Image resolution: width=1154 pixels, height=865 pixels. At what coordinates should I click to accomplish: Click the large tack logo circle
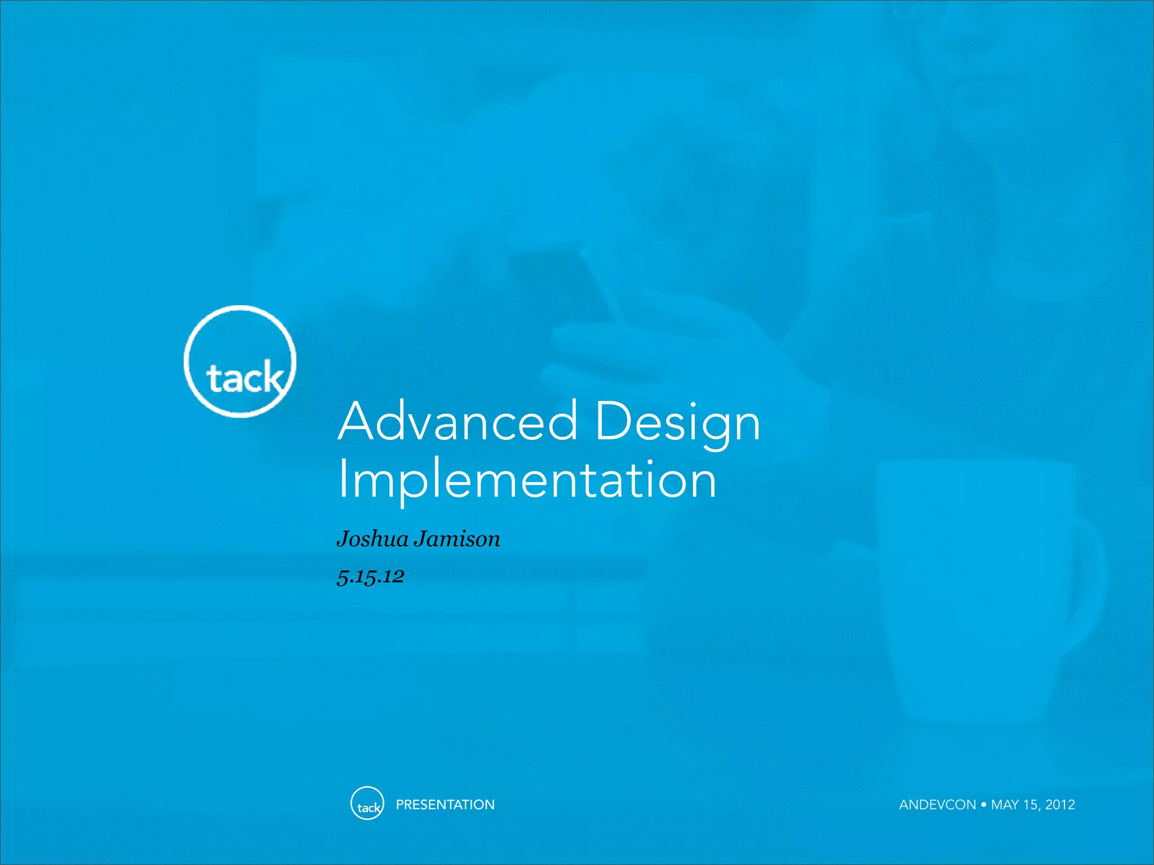tap(240, 362)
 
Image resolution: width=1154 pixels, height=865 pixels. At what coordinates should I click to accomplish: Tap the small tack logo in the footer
tap(367, 803)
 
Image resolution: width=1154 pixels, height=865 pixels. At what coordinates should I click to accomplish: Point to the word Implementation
tap(527, 480)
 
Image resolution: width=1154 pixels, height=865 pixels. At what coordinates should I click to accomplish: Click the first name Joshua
tap(372, 539)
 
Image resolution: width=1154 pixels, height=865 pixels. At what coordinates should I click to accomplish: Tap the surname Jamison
tap(457, 539)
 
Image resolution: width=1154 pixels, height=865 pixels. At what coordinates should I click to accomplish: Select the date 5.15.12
tap(370, 576)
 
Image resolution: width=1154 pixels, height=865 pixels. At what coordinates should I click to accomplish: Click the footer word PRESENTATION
tap(445, 805)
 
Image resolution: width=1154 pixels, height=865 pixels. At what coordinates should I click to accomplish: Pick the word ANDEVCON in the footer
tap(937, 805)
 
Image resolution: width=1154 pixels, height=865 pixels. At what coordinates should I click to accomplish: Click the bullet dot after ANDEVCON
tap(983, 804)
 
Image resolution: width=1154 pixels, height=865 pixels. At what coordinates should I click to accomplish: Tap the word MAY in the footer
tap(1005, 805)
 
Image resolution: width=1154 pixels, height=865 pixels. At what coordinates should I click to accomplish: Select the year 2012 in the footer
tap(1060, 805)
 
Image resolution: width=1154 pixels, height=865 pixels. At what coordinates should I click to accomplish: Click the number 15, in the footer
tap(1031, 805)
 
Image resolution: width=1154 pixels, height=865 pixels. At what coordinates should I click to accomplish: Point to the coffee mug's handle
tap(1085, 580)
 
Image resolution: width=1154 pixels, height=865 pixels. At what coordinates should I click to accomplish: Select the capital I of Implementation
tap(341, 479)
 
